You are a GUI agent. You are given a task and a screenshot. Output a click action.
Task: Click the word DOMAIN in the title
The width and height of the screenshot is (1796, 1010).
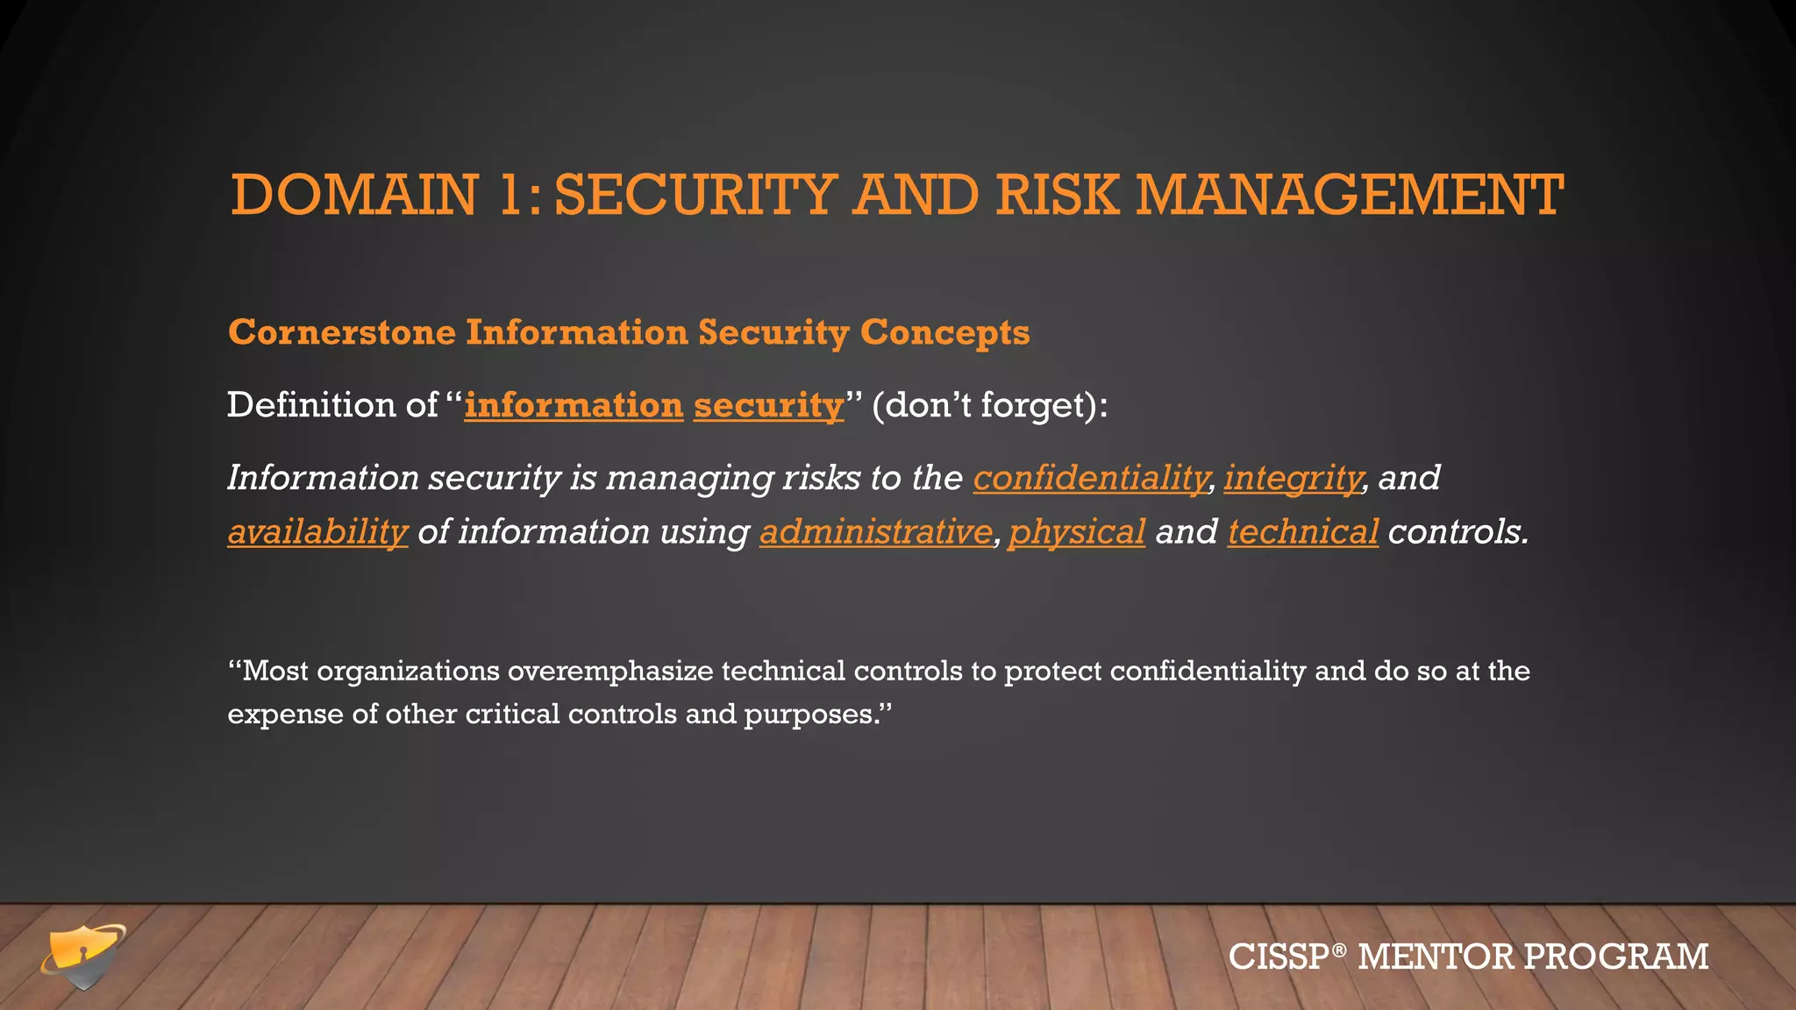(354, 195)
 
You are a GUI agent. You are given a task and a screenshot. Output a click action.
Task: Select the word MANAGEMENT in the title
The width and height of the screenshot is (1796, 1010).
(1350, 195)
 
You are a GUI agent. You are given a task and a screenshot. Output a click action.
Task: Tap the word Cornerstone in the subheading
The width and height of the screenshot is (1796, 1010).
(342, 332)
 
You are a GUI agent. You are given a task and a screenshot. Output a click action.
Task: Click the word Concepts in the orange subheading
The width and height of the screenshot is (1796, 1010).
(944, 332)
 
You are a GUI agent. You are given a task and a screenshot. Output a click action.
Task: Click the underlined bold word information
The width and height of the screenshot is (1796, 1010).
(574, 405)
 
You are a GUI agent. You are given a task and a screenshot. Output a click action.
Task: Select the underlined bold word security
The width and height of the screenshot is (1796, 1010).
(768, 405)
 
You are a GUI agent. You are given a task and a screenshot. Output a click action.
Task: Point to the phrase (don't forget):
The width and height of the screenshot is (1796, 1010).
(989, 405)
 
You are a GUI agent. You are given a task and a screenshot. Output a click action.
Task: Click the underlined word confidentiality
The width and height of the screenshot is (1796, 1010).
(1090, 478)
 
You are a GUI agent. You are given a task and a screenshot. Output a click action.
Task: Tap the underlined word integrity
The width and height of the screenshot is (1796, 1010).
(1293, 478)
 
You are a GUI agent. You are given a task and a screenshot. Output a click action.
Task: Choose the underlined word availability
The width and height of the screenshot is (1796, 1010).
(317, 531)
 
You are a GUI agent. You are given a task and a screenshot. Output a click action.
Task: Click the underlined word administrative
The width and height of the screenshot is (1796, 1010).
(875, 531)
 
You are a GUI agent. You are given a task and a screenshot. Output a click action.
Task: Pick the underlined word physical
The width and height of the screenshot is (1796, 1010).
(1077, 531)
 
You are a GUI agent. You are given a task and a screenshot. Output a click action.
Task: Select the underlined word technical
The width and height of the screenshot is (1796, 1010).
(1302, 531)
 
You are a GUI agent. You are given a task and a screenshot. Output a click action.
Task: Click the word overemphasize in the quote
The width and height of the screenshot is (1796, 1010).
(610, 671)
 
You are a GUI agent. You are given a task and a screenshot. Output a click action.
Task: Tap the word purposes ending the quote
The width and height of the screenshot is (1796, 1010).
(811, 715)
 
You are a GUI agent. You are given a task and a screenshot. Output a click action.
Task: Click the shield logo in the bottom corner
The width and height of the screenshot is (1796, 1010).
(82, 957)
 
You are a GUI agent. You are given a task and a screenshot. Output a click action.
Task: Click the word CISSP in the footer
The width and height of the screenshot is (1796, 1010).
(1279, 957)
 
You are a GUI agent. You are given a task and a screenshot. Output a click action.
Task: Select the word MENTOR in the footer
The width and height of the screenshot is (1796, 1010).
(1435, 957)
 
